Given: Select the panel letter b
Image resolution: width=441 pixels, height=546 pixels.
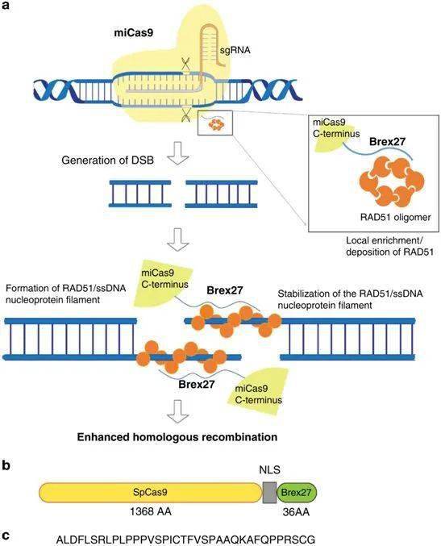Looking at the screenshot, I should (6, 466).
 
